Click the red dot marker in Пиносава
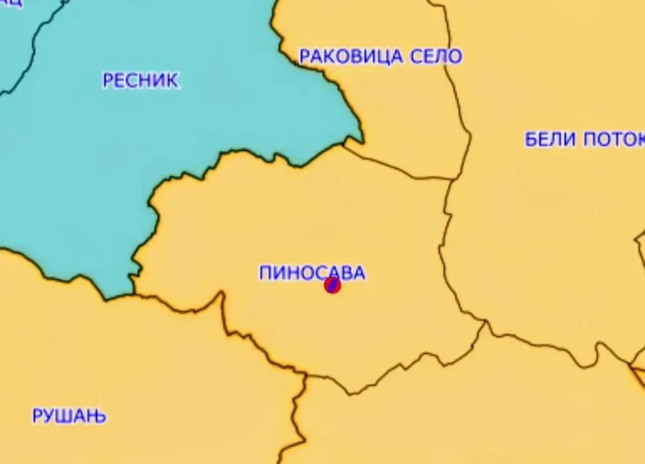pos(332,285)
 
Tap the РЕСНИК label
pos(141,81)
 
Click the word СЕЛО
pos(436,57)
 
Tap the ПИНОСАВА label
pos(312,273)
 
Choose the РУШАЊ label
pos(70,416)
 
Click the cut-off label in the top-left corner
pos(12,3)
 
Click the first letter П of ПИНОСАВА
pos(265,273)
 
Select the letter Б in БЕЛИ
pos(531,140)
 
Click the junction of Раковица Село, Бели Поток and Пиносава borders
pos(451,179)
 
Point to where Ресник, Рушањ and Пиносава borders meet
pos(132,295)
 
